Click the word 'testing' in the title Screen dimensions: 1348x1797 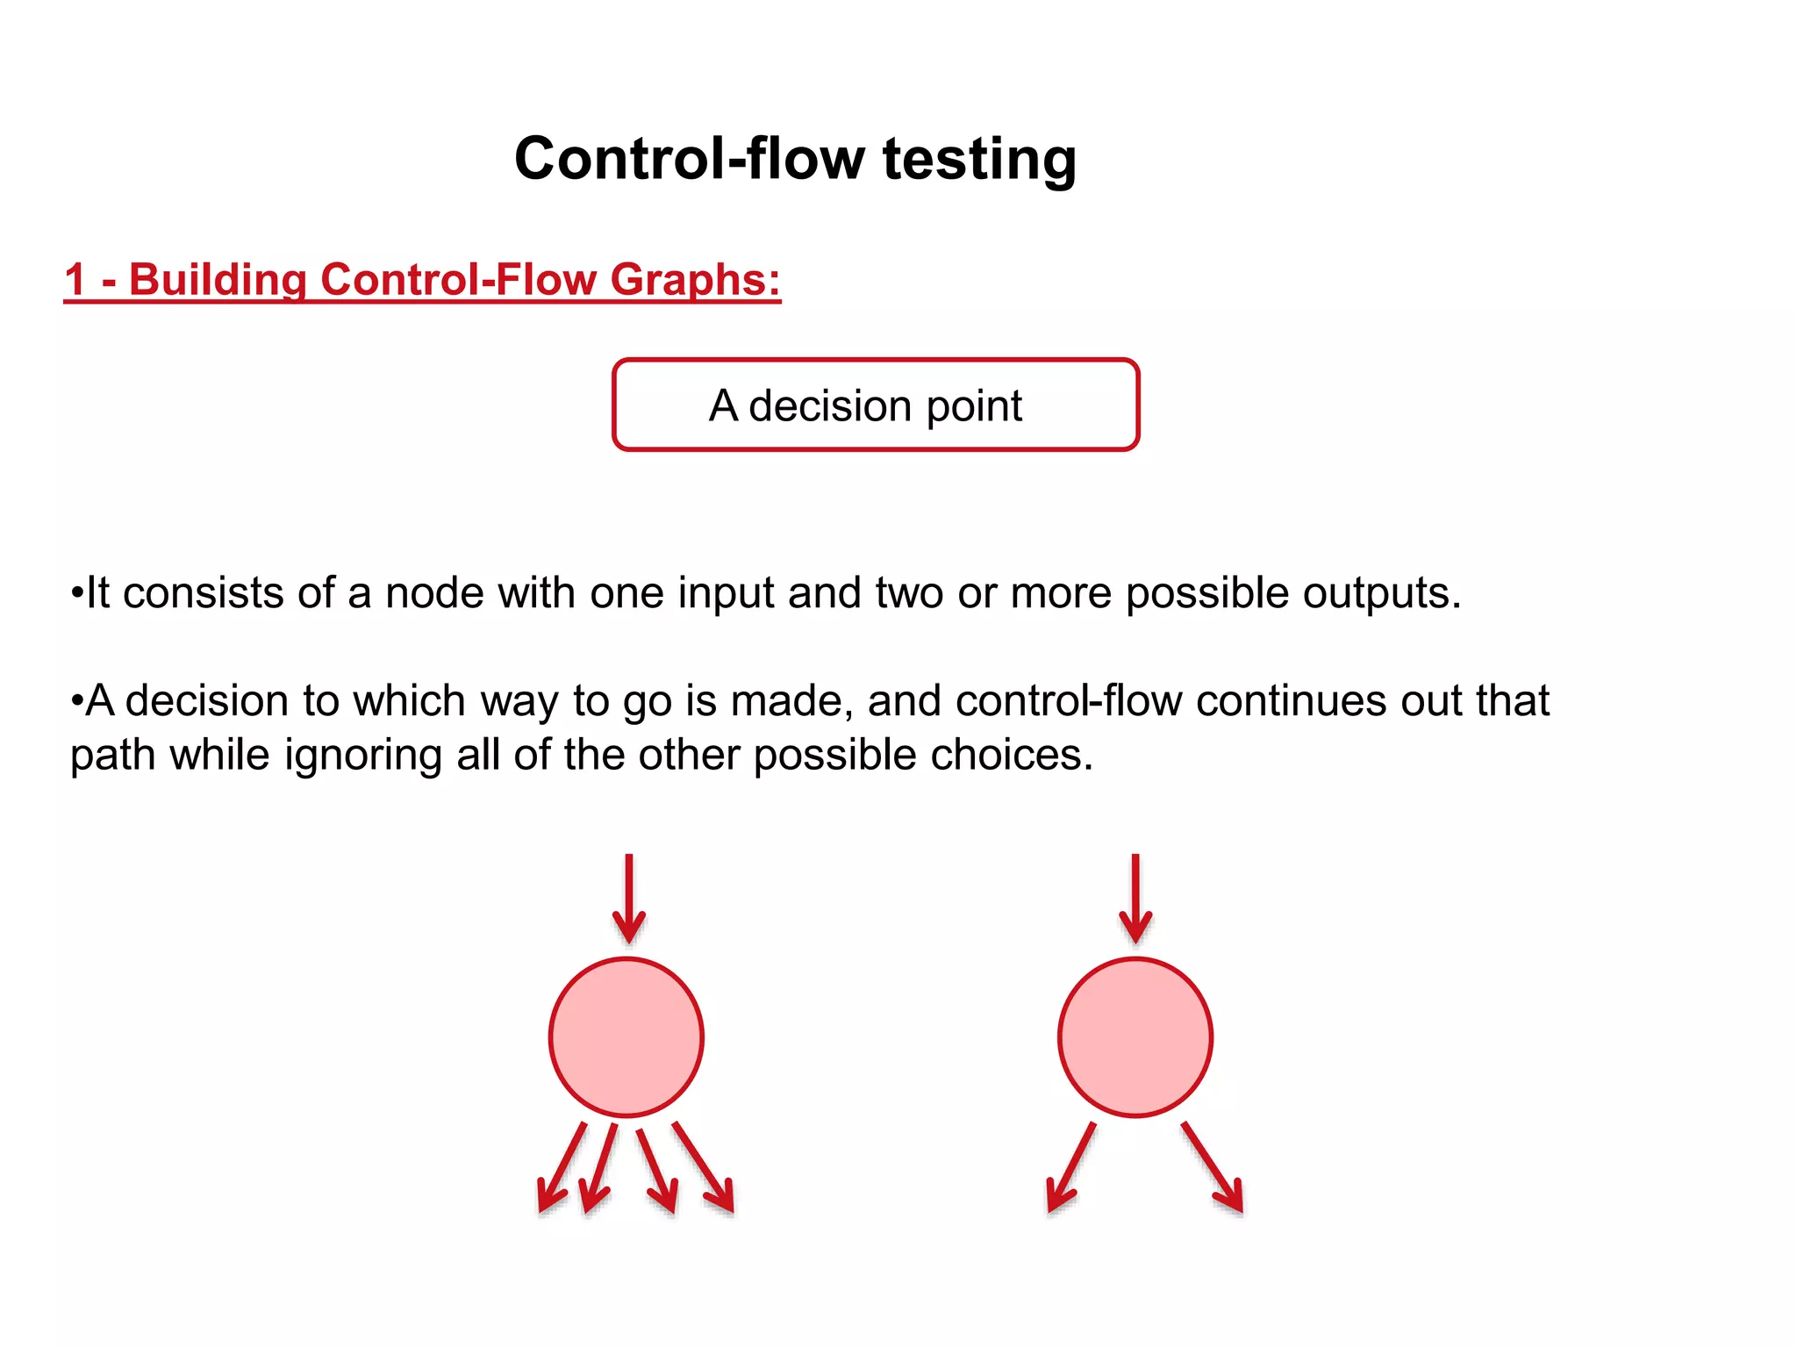[x=979, y=160]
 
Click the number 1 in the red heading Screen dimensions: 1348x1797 [x=75, y=280]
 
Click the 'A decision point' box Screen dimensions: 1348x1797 [x=876, y=405]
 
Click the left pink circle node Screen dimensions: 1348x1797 [x=626, y=1037]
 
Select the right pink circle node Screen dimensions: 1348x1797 [x=1135, y=1037]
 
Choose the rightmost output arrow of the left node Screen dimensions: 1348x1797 [x=703, y=1167]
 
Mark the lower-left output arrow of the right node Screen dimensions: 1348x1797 [x=1071, y=1167]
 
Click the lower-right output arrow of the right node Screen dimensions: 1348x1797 [x=1213, y=1167]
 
